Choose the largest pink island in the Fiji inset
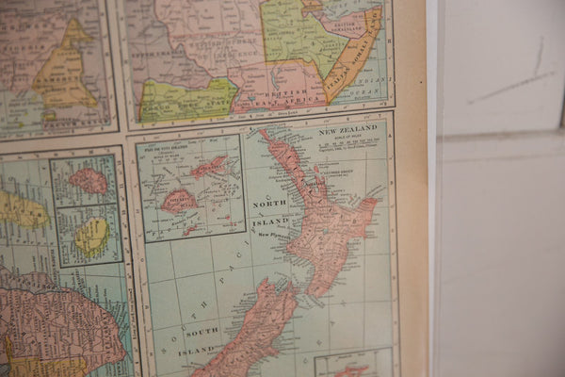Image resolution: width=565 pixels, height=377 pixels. pyautogui.click(x=178, y=201)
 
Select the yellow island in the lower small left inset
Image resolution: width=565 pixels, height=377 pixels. pyautogui.click(x=91, y=237)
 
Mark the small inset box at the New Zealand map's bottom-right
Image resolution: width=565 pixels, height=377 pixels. pyautogui.click(x=353, y=364)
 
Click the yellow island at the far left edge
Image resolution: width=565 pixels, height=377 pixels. pyautogui.click(x=19, y=209)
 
